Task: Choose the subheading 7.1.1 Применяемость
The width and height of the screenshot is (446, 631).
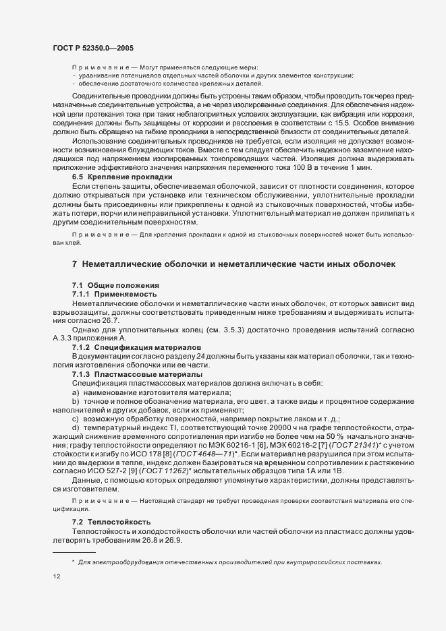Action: point(114,295)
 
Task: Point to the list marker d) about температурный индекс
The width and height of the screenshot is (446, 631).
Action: point(76,427)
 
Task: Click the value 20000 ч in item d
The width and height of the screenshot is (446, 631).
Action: point(266,427)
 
